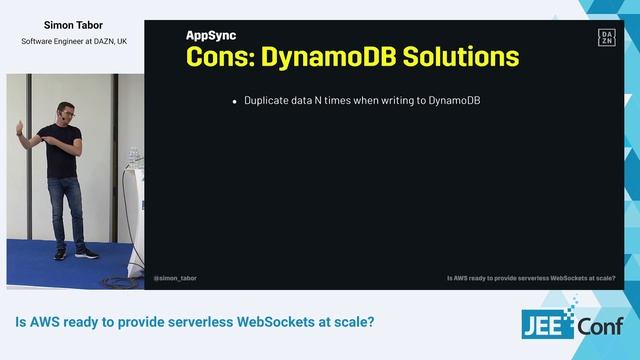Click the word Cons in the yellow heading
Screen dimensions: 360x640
[217, 56]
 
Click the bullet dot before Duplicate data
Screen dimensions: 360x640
[234, 102]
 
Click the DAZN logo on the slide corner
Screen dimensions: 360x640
[606, 38]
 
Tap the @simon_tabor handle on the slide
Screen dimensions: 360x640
[176, 279]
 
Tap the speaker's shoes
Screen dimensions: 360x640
[72, 253]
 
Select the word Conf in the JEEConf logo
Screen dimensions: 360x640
[599, 327]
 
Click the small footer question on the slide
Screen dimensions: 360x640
[530, 279]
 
